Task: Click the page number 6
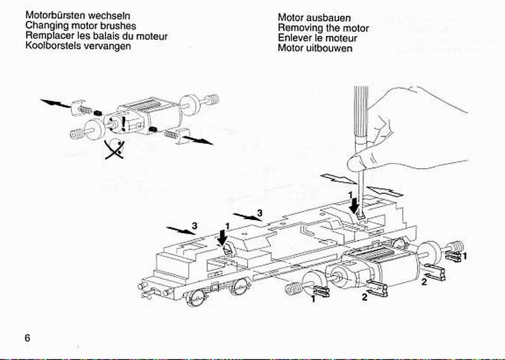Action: click(27, 337)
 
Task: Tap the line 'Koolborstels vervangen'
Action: click(78, 46)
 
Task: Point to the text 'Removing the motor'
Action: click(323, 28)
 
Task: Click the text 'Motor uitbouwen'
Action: click(315, 49)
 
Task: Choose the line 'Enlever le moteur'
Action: click(318, 39)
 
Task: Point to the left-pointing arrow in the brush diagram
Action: click(54, 102)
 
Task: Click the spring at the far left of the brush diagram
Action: click(76, 134)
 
